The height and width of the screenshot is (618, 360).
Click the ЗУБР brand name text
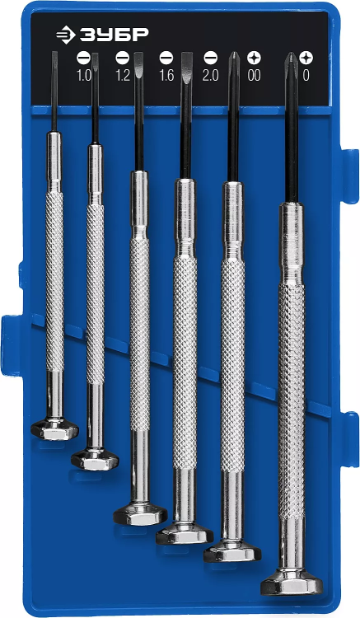pyautogui.click(x=115, y=35)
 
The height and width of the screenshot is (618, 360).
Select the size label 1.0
pyautogui.click(x=83, y=74)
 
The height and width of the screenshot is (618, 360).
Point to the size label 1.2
pyautogui.click(x=123, y=74)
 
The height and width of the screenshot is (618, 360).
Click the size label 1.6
pyautogui.click(x=166, y=74)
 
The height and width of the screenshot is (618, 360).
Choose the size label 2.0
pyautogui.click(x=211, y=74)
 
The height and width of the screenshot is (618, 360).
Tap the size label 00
pyautogui.click(x=254, y=74)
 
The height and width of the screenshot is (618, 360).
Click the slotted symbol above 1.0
pyautogui.click(x=83, y=58)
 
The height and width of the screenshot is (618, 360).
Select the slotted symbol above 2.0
pyautogui.click(x=211, y=58)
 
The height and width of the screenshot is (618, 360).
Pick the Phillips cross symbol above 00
pyautogui.click(x=254, y=58)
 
